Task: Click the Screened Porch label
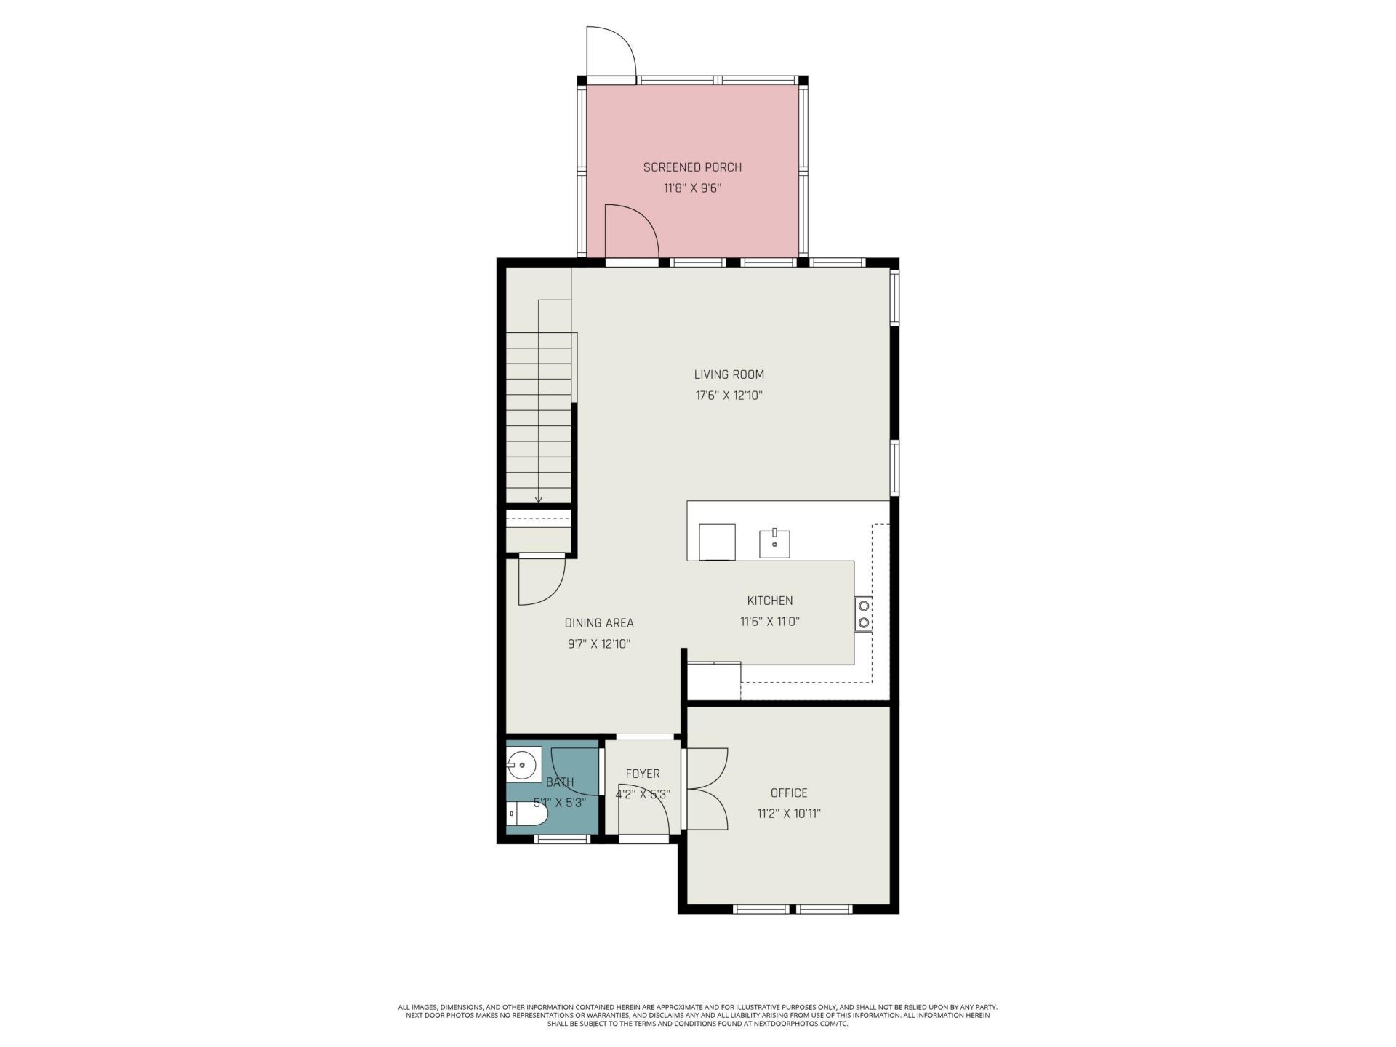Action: [692, 167]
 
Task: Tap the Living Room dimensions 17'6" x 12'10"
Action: [729, 396]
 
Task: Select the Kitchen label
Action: [770, 601]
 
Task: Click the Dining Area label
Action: [599, 623]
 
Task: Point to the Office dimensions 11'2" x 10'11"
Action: [789, 814]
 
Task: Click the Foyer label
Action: [642, 774]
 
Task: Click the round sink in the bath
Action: [521, 765]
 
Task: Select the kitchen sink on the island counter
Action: [775, 543]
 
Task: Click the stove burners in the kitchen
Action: [864, 614]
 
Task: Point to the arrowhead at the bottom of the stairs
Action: [539, 499]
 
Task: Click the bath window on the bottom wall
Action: [561, 839]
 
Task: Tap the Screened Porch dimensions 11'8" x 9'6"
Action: [692, 188]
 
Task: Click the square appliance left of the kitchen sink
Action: [717, 542]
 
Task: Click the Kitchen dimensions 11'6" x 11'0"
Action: [770, 622]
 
